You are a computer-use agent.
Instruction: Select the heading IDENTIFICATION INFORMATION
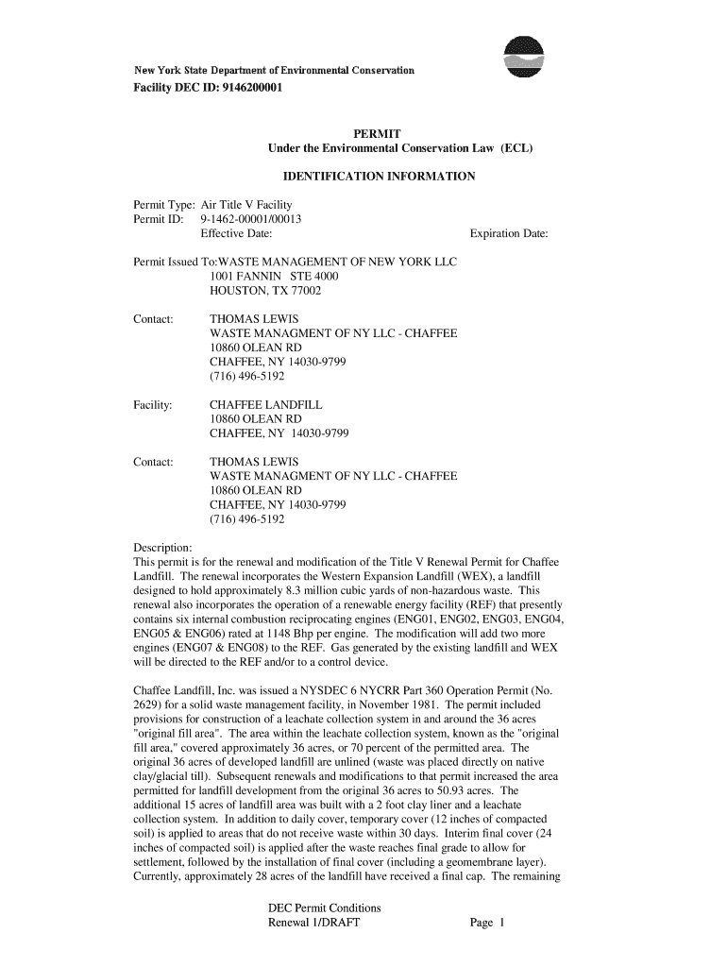(380, 177)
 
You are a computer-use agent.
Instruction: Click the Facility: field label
(152, 404)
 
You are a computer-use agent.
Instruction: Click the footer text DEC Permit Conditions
(324, 908)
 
